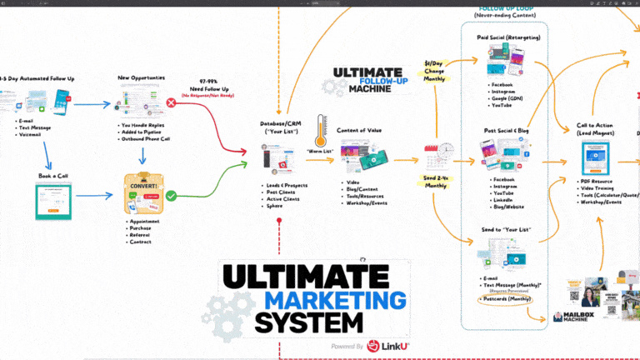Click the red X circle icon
[171, 102]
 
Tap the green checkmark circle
[171, 196]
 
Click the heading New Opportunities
[141, 78]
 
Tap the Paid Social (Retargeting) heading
[505, 37]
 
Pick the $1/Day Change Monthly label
[434, 70]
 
